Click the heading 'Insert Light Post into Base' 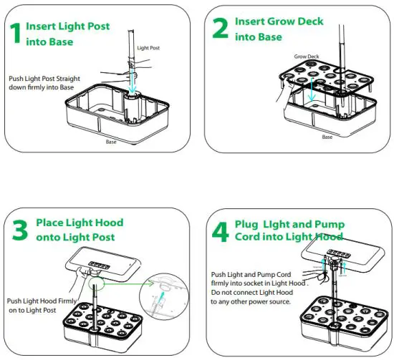click(x=67, y=33)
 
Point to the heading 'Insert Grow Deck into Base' click(x=268, y=28)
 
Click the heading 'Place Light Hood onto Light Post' click(x=75, y=230)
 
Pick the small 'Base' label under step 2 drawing click(x=327, y=137)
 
